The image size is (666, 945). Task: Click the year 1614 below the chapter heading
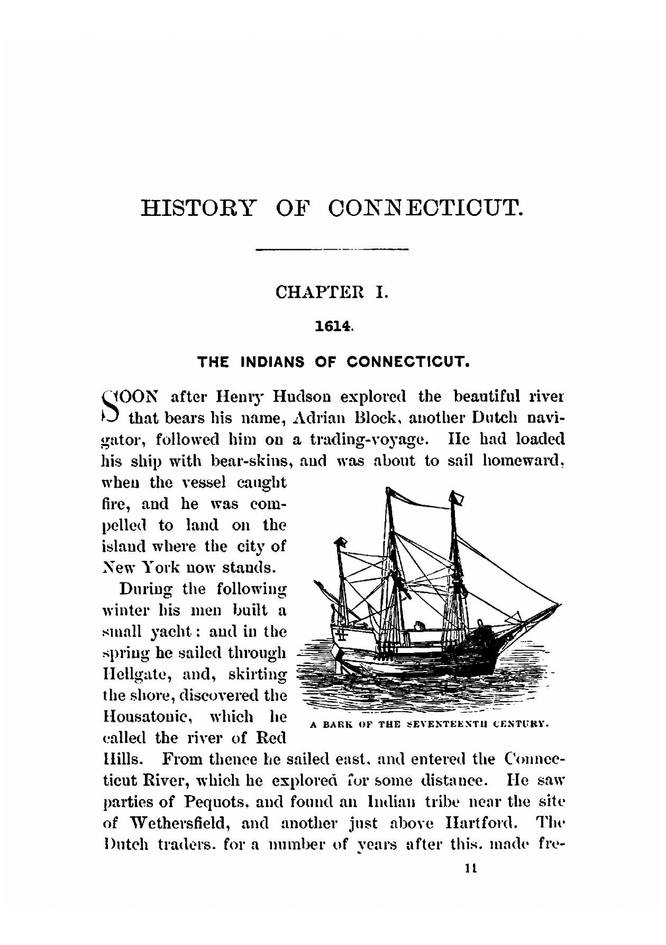coord(332,328)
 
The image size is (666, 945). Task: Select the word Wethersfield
coord(176,823)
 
